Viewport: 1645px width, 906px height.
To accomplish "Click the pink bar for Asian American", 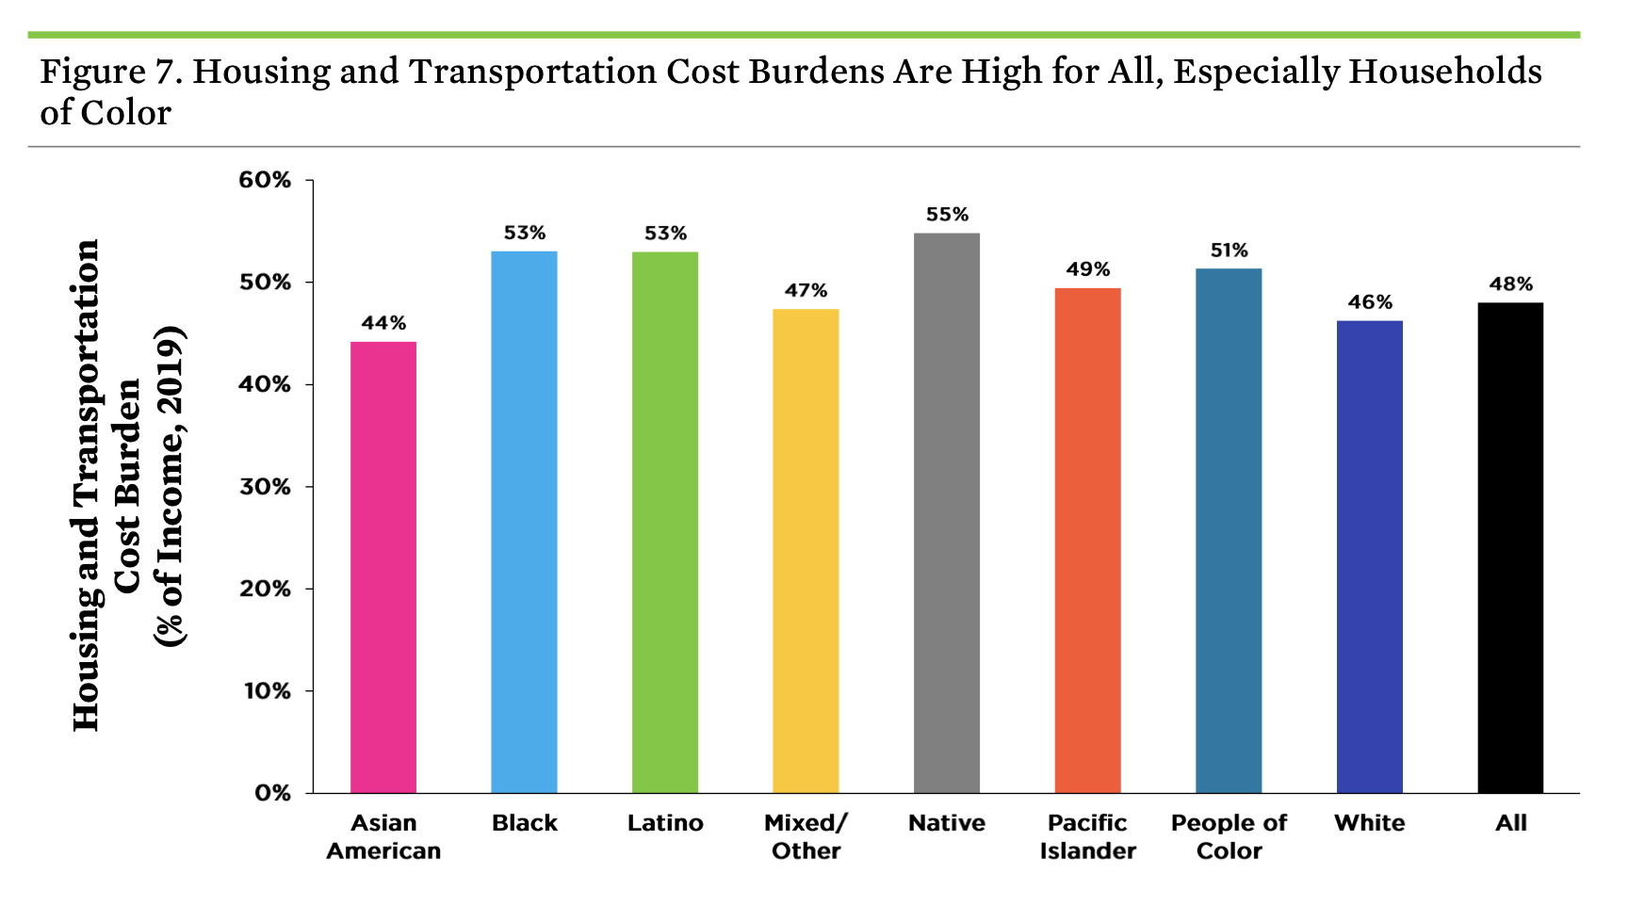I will pyautogui.click(x=383, y=567).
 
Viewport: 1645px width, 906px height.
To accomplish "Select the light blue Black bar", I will pyautogui.click(x=524, y=522).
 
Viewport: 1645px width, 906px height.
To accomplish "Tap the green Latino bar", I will pyautogui.click(x=665, y=522).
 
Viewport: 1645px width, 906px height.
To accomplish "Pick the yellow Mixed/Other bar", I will pyautogui.click(x=806, y=551).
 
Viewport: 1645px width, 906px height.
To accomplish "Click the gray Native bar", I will pyautogui.click(x=947, y=513).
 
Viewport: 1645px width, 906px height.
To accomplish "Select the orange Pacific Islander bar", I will pyautogui.click(x=1087, y=541).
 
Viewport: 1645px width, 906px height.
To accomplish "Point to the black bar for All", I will pyautogui.click(x=1510, y=547).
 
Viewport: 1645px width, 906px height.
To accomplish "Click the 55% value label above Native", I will pyautogui.click(x=947, y=215).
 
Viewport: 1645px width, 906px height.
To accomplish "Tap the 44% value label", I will pyautogui.click(x=383, y=323).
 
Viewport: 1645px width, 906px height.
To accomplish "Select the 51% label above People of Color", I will pyautogui.click(x=1229, y=251).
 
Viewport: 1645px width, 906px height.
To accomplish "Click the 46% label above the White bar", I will pyautogui.click(x=1369, y=302).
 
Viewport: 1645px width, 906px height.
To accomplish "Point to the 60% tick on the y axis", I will pyautogui.click(x=265, y=180).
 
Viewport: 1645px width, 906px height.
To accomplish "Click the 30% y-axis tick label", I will pyautogui.click(x=265, y=487).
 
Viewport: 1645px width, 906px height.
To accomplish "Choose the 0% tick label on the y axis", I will pyautogui.click(x=272, y=793).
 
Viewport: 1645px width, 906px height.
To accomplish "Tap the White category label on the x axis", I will pyautogui.click(x=1369, y=823).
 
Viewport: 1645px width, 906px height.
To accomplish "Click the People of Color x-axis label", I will pyautogui.click(x=1229, y=836).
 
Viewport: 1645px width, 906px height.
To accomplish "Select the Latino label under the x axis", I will pyautogui.click(x=665, y=823).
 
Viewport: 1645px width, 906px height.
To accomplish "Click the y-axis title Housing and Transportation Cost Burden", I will pyautogui.click(x=126, y=485).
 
